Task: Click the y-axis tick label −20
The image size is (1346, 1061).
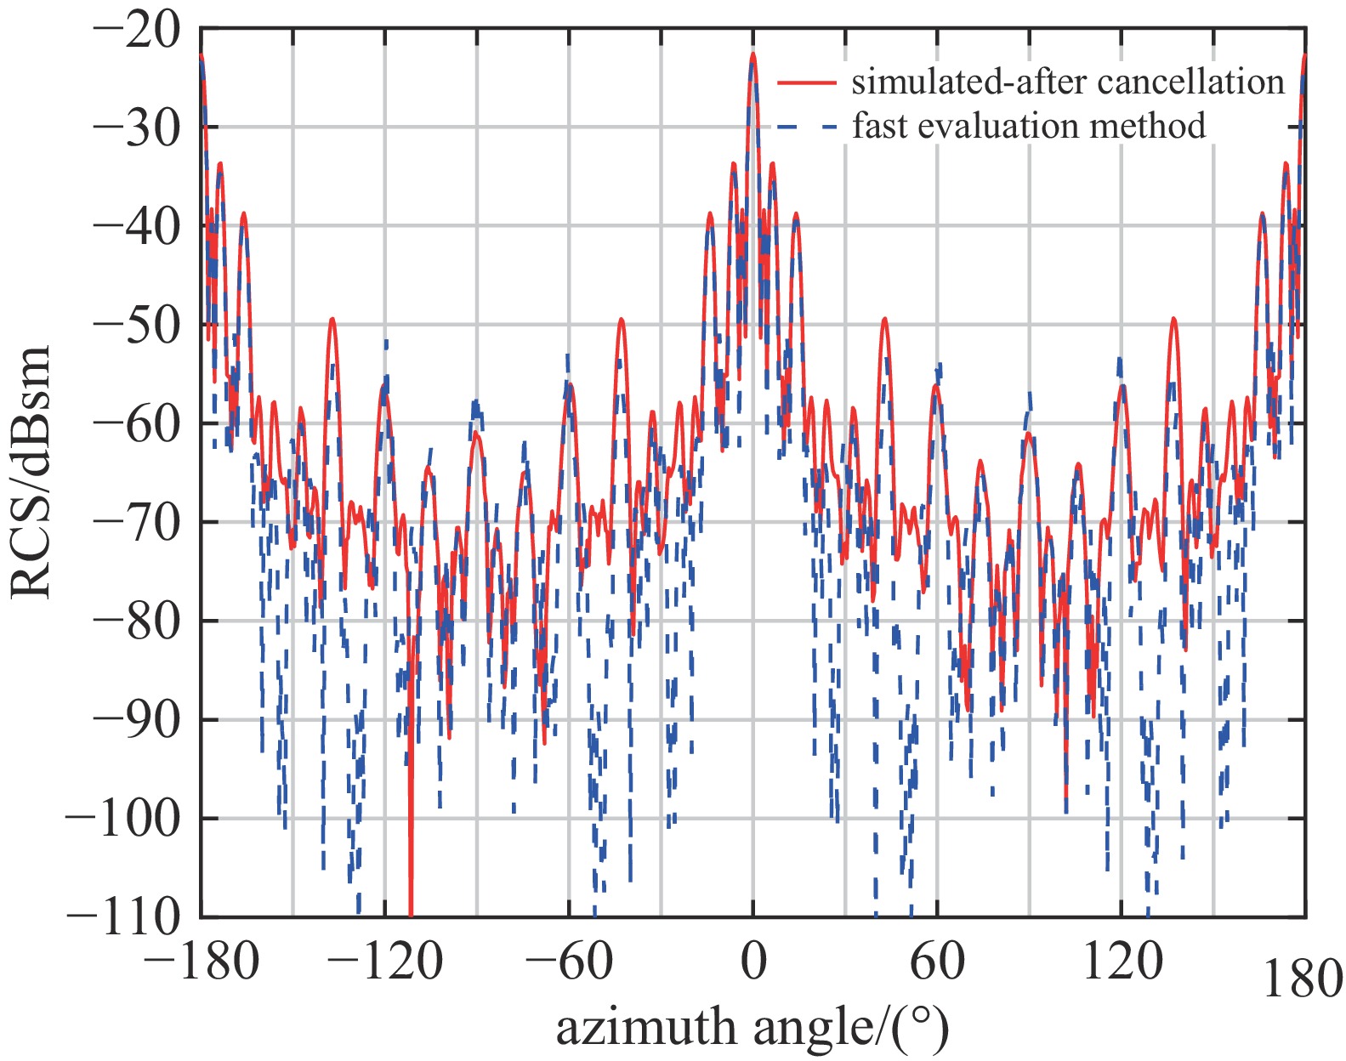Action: coord(137,31)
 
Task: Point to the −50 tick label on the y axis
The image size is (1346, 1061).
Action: coord(137,326)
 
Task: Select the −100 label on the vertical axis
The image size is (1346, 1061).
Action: coord(122,820)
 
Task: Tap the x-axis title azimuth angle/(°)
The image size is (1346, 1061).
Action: coord(752,1027)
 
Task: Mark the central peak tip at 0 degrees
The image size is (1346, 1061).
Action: coord(753,54)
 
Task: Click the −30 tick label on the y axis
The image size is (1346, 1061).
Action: coord(137,129)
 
